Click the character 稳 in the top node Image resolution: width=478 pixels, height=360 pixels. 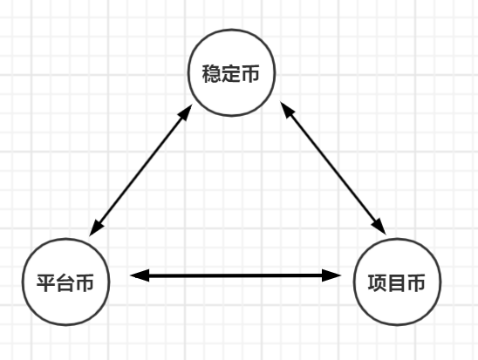point(212,73)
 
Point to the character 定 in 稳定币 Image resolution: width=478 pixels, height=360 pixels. point(231,73)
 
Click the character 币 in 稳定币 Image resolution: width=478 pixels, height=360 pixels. point(250,73)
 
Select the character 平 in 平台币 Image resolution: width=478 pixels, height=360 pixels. point(46,283)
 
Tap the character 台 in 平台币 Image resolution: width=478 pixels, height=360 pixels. point(65,283)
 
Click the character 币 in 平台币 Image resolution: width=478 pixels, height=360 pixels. point(85,283)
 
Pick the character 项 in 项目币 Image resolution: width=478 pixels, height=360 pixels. point(378,283)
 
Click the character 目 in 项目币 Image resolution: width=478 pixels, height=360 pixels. point(397,283)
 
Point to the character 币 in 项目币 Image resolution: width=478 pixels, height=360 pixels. point(416,283)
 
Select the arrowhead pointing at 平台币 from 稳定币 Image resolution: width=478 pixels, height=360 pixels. point(97,227)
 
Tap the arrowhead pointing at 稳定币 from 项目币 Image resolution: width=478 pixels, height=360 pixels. point(288,111)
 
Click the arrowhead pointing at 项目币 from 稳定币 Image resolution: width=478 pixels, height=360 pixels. point(379,226)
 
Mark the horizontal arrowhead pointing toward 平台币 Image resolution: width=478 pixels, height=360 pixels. point(140,275)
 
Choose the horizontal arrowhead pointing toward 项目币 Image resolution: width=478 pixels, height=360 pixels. point(331,275)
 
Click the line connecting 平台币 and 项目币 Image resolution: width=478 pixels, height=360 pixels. point(236,275)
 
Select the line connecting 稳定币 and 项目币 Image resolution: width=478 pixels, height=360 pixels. point(333,168)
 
